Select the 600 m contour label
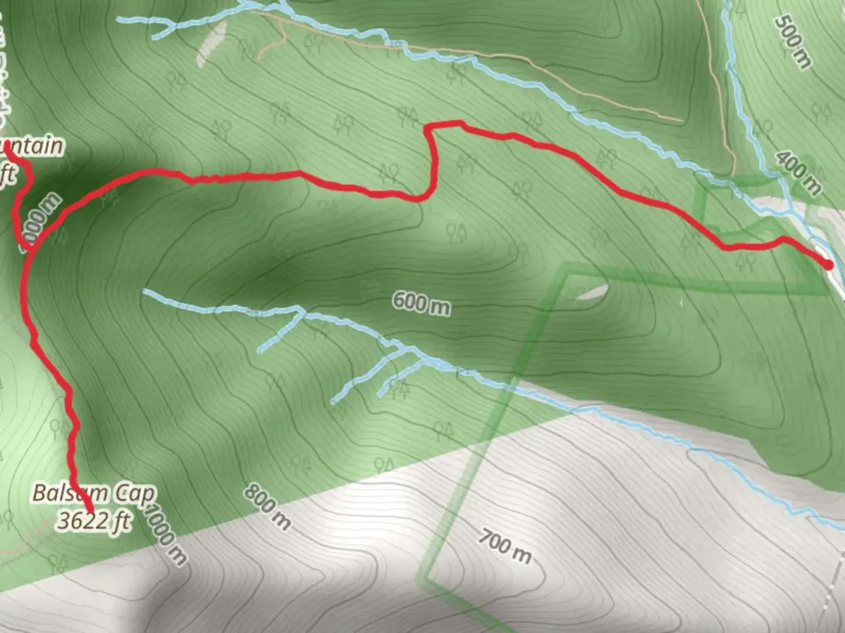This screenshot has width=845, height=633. click(421, 303)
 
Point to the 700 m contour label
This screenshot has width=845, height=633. click(505, 546)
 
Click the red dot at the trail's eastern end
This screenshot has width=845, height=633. click(828, 265)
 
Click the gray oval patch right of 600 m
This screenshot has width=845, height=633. click(593, 292)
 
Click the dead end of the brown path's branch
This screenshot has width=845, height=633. click(259, 58)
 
